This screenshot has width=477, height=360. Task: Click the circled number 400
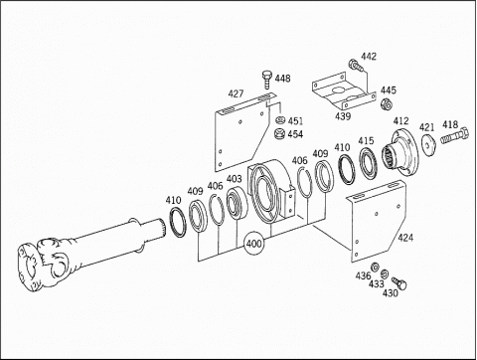point(254,244)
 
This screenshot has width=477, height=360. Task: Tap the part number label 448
point(282,79)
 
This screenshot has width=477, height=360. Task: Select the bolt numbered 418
point(455,136)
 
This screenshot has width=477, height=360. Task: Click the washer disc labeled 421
point(427,145)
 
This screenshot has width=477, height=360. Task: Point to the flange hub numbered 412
point(401,151)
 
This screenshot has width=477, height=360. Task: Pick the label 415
point(366,141)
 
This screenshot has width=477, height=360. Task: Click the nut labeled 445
point(387,104)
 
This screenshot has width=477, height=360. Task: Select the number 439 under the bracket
point(343,116)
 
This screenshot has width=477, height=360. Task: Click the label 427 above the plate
point(236,93)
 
